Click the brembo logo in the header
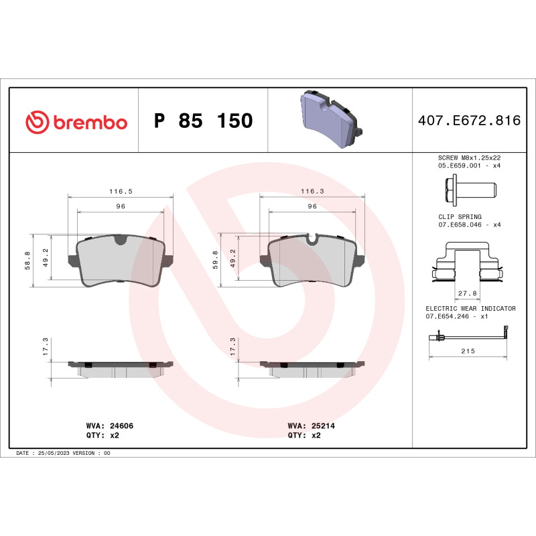76,121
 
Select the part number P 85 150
203,121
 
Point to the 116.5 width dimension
121,191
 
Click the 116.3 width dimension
312,191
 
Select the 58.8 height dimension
27,261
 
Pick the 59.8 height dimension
215,261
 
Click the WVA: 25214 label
312,425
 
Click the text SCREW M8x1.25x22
469,157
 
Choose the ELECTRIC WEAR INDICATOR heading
470,308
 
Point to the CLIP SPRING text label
460,217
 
